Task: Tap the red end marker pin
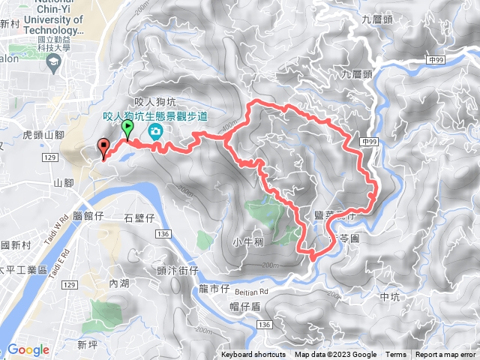point(103,148)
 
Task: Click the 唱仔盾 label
point(244,304)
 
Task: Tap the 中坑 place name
point(391,297)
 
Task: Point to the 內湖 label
point(119,283)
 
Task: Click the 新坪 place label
point(88,344)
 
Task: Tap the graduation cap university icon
point(53,65)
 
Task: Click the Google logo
point(28,349)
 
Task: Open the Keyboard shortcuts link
point(253,355)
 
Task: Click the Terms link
point(395,355)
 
